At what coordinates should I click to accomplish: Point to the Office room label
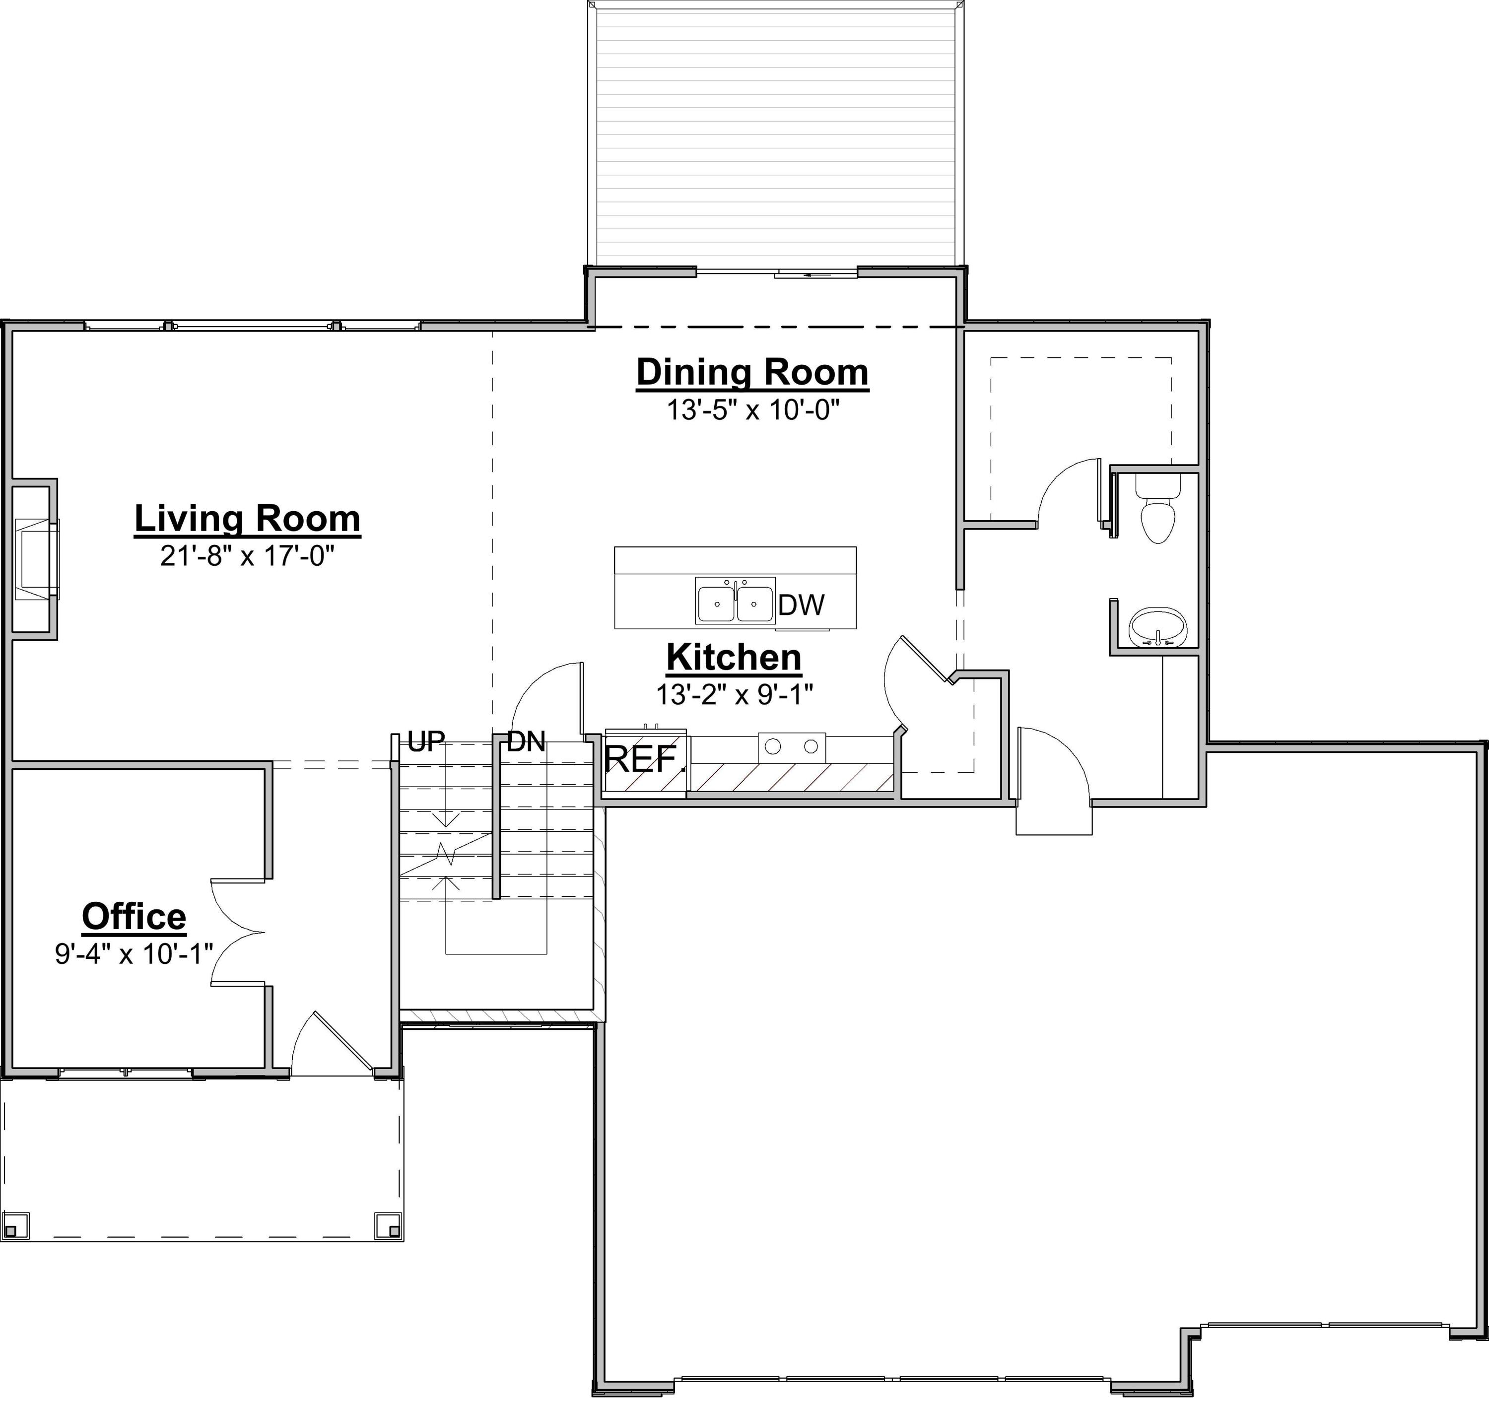134,916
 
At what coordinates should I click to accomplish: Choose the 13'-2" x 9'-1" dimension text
734,694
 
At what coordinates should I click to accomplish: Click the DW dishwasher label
801,605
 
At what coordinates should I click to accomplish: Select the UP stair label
426,742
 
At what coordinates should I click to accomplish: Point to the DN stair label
526,742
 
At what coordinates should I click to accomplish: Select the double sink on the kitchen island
735,603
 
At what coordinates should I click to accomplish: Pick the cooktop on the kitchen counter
792,746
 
